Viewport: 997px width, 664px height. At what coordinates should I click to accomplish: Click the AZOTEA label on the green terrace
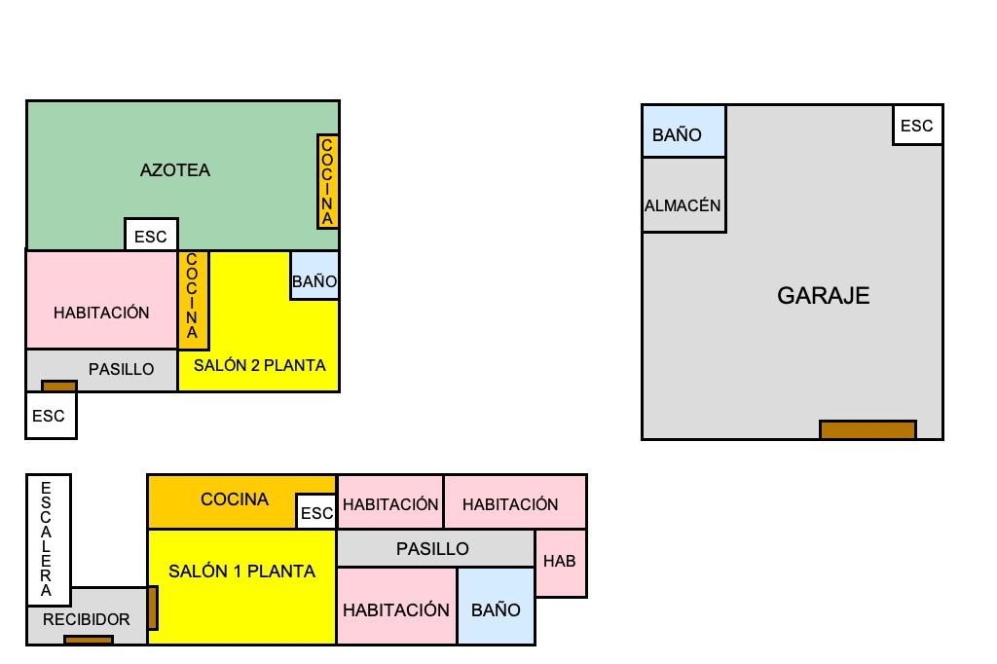pyautogui.click(x=175, y=170)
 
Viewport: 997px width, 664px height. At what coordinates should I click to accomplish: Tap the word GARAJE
pyautogui.click(x=823, y=296)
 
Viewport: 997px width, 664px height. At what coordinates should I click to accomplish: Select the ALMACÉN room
pyautogui.click(x=683, y=205)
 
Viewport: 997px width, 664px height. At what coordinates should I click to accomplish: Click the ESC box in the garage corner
pyautogui.click(x=917, y=126)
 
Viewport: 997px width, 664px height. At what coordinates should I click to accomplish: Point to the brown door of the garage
pyautogui.click(x=868, y=429)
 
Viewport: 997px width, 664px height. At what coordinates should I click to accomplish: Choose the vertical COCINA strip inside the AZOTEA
pyautogui.click(x=327, y=182)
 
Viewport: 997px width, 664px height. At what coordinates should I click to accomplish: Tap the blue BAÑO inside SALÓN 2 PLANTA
pyautogui.click(x=314, y=281)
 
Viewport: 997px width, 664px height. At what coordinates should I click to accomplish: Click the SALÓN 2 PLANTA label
pyautogui.click(x=260, y=365)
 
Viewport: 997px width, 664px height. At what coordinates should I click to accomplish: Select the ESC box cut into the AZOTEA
pyautogui.click(x=151, y=236)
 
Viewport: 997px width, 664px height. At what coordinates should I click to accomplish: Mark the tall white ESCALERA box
pyautogui.click(x=47, y=540)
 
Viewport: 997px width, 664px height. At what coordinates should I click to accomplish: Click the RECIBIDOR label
pyautogui.click(x=86, y=619)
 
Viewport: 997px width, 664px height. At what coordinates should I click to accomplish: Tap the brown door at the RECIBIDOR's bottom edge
pyautogui.click(x=88, y=640)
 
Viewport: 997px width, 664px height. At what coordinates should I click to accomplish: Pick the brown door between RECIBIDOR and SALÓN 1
pyautogui.click(x=153, y=608)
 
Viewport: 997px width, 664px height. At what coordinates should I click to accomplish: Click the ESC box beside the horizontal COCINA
pyautogui.click(x=316, y=512)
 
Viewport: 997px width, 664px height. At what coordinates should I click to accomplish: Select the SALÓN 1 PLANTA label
pyautogui.click(x=241, y=572)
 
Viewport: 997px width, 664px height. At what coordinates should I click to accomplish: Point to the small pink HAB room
pyautogui.click(x=560, y=562)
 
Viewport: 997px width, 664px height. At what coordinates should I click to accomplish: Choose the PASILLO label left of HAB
pyautogui.click(x=432, y=549)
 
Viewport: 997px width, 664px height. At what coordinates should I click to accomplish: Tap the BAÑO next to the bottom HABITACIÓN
pyautogui.click(x=496, y=610)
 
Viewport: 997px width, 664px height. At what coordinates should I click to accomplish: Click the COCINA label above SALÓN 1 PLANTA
pyautogui.click(x=235, y=499)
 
